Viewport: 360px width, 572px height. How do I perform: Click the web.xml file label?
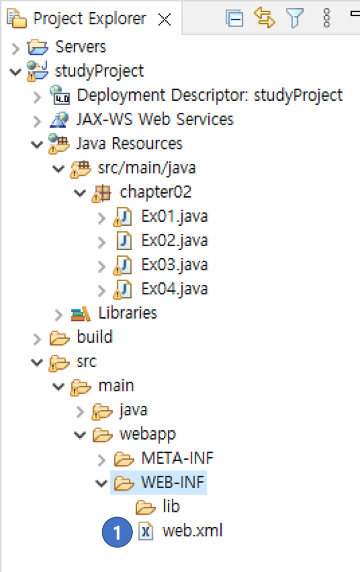point(192,531)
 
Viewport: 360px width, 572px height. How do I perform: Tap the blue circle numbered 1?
point(117,533)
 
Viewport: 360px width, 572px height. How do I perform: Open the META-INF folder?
point(177,458)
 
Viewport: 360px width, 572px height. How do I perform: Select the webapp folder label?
point(147,434)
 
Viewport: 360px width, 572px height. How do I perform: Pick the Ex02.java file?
point(174,240)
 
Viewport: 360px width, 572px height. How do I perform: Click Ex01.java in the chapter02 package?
point(174,216)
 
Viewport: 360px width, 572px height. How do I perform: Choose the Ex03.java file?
point(174,264)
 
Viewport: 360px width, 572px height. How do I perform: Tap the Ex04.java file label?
point(174,289)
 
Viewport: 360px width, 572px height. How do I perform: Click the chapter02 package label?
point(156,192)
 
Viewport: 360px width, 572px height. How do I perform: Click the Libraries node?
point(128,313)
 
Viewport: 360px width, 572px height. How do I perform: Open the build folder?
point(95,337)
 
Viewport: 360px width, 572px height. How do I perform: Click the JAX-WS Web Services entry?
point(155,119)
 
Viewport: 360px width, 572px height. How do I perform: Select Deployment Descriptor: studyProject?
point(209,95)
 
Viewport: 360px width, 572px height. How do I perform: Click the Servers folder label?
point(80,47)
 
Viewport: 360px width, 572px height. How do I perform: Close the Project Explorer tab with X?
point(165,20)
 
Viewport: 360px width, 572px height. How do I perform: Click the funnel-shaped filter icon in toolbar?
point(295,19)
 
